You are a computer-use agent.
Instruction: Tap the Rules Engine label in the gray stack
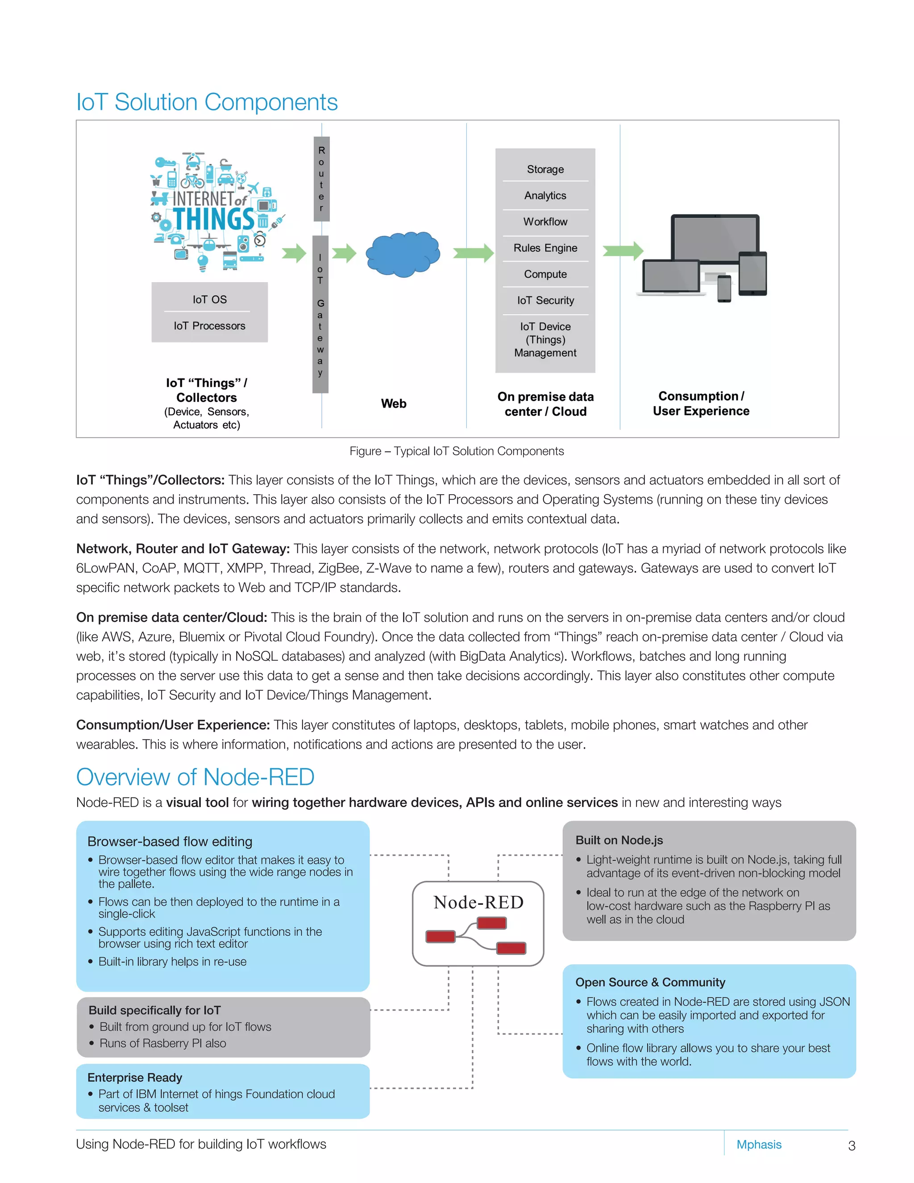[x=545, y=248]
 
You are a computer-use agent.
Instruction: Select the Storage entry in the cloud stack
[x=545, y=170]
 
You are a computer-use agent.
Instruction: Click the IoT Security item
[x=545, y=300]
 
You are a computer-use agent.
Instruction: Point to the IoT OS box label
[x=210, y=300]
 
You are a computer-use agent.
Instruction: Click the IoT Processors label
[x=210, y=326]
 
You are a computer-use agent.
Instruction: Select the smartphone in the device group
[x=724, y=288]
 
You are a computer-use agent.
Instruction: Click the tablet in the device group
[x=752, y=274]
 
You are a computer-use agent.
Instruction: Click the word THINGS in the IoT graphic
[x=213, y=219]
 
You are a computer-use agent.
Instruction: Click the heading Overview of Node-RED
[x=195, y=777]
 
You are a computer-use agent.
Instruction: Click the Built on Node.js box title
[x=619, y=840]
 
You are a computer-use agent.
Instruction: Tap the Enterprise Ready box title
[x=135, y=1077]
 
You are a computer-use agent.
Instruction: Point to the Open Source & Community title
[x=650, y=982]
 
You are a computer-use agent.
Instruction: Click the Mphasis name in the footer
[x=759, y=1145]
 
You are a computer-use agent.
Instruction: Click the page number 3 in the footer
[x=851, y=1146]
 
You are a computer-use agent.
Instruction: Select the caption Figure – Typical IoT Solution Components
[x=457, y=451]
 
